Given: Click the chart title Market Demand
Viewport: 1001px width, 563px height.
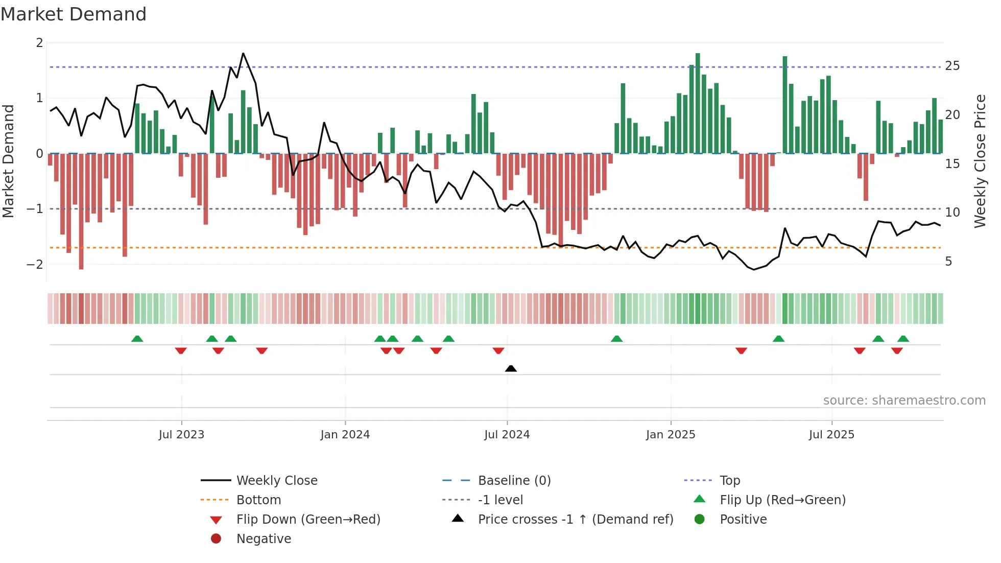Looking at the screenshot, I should point(74,14).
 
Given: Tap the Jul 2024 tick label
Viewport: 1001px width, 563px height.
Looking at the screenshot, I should point(507,435).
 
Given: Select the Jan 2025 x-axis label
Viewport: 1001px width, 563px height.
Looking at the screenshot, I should point(670,435).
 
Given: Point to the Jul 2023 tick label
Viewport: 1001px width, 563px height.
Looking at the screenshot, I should point(181,435).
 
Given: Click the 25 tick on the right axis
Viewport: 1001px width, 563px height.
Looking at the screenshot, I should point(952,66).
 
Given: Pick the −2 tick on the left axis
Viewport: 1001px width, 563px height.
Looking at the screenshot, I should point(35,265).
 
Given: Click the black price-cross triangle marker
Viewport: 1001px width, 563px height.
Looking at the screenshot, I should point(511,368).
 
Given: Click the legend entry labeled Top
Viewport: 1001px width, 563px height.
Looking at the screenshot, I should point(729,481).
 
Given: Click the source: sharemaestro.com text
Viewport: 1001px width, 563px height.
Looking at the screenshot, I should point(904,401).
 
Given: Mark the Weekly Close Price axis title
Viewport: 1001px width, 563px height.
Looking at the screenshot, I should point(980,161).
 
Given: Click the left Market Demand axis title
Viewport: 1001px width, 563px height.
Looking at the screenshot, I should point(9,161).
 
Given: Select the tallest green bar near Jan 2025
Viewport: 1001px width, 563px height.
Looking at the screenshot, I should point(698,102).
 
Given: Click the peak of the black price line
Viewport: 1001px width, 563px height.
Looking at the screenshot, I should point(243,54).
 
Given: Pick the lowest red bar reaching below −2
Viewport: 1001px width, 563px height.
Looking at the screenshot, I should point(81,215).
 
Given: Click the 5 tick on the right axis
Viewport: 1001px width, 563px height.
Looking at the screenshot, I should point(948,262).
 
